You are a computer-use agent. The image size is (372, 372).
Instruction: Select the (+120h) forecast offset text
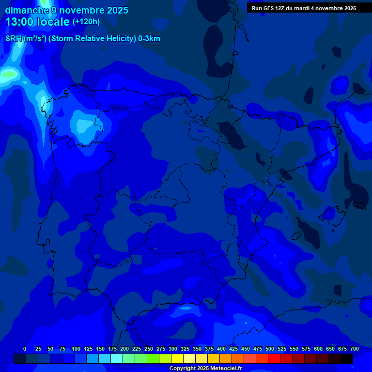point(86,21)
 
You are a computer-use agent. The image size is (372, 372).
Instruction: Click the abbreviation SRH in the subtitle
point(14,39)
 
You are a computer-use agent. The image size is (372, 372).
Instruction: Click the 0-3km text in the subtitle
point(149,39)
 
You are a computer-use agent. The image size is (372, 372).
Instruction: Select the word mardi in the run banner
point(306,8)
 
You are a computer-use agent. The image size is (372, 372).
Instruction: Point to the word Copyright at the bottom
point(182,369)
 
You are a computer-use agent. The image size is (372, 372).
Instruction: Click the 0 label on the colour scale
point(25,349)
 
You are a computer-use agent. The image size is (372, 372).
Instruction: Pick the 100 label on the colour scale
point(76,349)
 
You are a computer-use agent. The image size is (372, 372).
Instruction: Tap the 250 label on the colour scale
point(148,349)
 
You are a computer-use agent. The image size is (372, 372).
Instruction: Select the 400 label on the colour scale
point(221,349)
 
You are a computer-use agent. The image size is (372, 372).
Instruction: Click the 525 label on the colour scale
point(281,349)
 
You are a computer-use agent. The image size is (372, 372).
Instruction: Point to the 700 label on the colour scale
point(354,349)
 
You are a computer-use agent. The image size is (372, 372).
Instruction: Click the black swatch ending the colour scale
point(347,358)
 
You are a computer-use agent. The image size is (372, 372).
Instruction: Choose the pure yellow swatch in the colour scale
point(177,358)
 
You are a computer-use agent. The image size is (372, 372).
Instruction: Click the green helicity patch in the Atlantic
point(9,74)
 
